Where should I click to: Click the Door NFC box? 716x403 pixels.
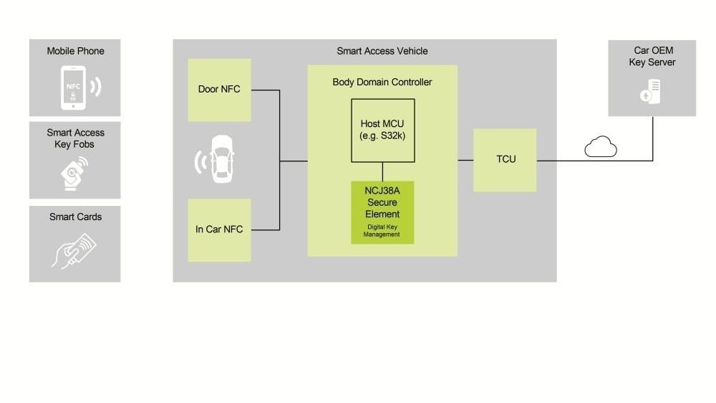(x=219, y=90)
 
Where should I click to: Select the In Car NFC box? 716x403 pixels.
(x=219, y=229)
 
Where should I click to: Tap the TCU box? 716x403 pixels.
(x=505, y=159)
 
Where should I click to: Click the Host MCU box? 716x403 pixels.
(x=382, y=130)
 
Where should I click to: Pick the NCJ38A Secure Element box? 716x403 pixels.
(x=382, y=212)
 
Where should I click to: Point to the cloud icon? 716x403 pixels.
(x=600, y=148)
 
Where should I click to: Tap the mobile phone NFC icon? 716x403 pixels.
(x=79, y=87)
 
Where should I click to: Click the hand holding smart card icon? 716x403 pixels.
(x=74, y=248)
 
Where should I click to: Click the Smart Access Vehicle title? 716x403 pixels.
(x=382, y=51)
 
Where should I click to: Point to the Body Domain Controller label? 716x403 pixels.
(x=382, y=82)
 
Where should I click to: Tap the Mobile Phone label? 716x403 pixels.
(x=75, y=51)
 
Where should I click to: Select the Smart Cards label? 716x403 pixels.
(x=75, y=217)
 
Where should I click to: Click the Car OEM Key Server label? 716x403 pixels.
(x=652, y=57)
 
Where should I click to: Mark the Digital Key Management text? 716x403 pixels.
(x=382, y=231)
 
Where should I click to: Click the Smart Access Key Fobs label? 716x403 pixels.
(x=75, y=138)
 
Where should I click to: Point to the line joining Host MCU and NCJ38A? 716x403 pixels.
(x=382, y=171)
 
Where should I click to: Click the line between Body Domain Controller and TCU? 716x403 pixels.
(x=465, y=160)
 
